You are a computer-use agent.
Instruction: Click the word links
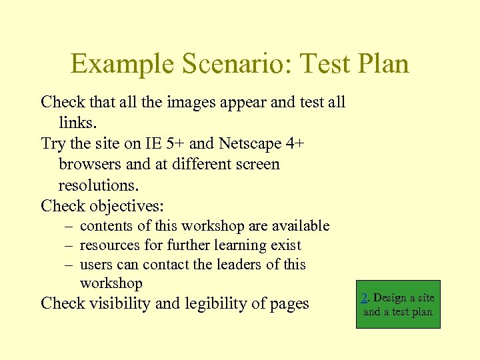77,123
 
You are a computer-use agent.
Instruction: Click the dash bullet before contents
69,226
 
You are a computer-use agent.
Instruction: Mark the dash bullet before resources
69,245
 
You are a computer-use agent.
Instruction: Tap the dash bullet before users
69,265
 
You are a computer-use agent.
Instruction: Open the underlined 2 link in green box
365,298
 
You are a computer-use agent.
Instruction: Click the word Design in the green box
389,298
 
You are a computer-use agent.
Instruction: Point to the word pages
288,303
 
